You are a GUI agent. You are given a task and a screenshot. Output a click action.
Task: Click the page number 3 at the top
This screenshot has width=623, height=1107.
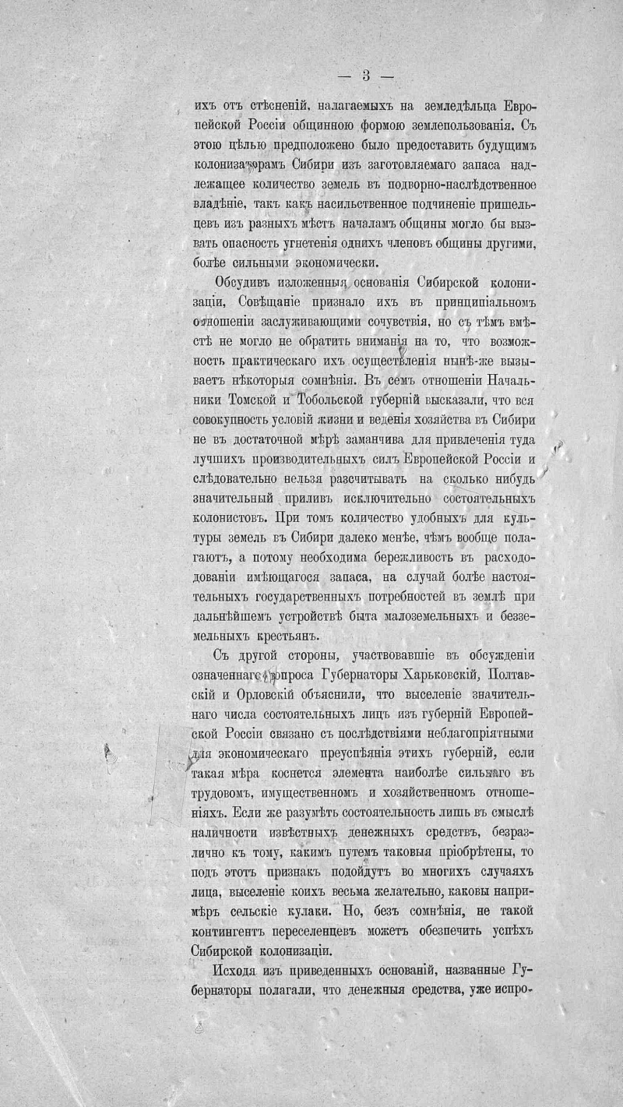point(366,76)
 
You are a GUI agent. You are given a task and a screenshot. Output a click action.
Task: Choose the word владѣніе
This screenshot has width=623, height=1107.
point(221,203)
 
